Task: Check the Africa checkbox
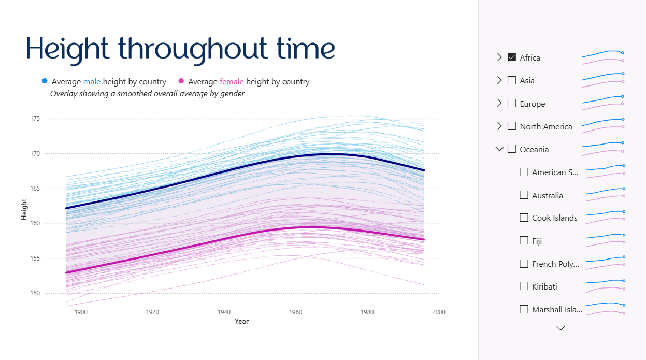512,57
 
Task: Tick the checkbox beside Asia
512,80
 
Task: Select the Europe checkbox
512,104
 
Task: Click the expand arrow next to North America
499,126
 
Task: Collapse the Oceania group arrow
499,149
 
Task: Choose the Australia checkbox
524,195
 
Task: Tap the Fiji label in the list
537,241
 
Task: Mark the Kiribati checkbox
524,286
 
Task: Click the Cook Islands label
554,218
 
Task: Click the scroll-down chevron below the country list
561,328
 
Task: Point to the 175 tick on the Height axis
35,119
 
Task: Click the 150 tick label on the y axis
35,293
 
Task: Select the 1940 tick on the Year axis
224,312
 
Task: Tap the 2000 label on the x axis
439,312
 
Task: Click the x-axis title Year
241,321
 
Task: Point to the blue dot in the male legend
45,81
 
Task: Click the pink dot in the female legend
181,81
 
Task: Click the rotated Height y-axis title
24,209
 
